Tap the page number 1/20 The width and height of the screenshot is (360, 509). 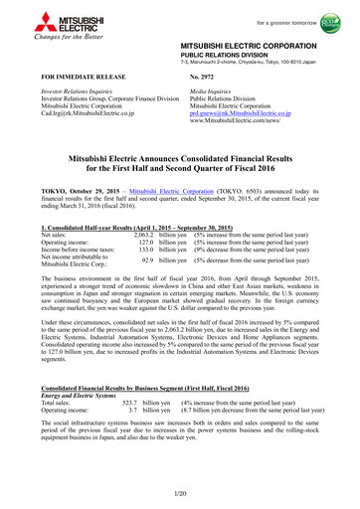coord(180,493)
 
